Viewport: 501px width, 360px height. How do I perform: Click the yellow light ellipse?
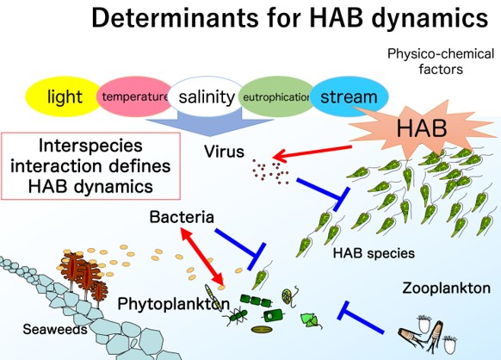point(63,96)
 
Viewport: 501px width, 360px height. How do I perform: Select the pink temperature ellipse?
point(134,96)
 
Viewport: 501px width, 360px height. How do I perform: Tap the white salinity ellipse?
point(207,96)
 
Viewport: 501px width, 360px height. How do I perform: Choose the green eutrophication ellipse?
point(276,96)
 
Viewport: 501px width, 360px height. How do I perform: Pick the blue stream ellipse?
point(349,96)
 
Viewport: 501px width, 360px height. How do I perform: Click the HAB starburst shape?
point(422,128)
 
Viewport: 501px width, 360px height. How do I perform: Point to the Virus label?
point(224,152)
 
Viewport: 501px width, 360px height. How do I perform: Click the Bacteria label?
point(182,217)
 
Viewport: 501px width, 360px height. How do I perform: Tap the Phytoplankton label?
point(174,304)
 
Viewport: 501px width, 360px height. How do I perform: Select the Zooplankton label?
point(446,288)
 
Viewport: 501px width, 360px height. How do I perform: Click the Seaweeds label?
point(55,329)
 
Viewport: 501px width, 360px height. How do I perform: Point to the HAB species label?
point(374,253)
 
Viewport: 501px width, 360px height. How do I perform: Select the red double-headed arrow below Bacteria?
point(202,256)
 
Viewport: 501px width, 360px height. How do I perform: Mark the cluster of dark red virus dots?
point(271,171)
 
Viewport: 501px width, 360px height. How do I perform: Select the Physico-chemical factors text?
point(441,61)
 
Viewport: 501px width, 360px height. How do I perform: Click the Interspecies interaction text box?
point(90,166)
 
